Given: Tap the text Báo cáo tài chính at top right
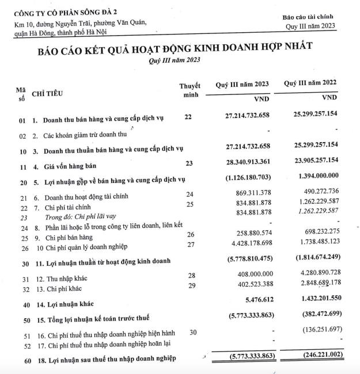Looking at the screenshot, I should (x=308, y=17).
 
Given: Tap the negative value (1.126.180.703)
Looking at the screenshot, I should (x=248, y=178).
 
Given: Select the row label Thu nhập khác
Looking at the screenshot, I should (x=58, y=279).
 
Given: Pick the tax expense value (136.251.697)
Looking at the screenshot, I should (x=314, y=331).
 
